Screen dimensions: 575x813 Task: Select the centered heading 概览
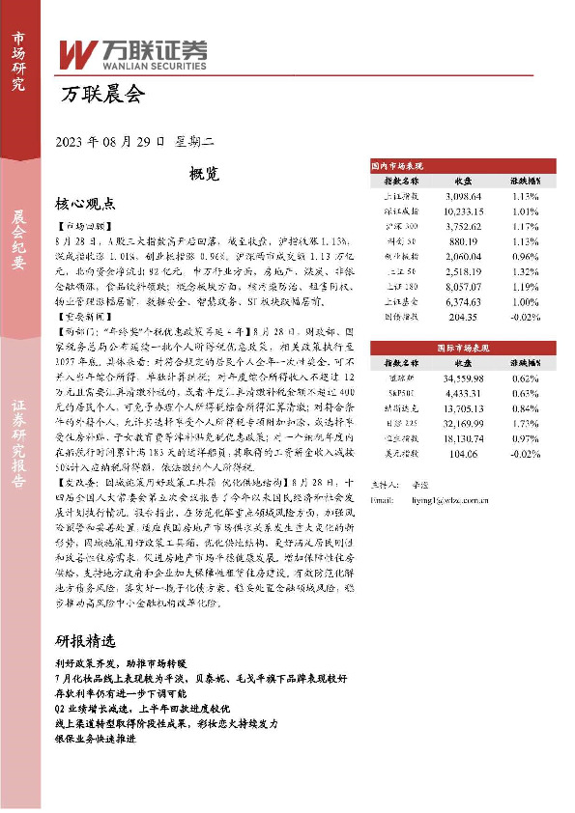pyautogui.click(x=205, y=174)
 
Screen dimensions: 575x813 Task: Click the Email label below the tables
pyautogui.click(x=383, y=502)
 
